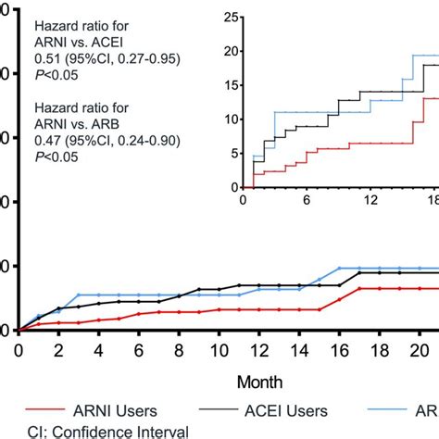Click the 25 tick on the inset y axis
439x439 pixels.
[232, 17]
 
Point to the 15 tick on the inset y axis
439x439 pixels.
[232, 85]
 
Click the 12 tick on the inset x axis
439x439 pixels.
[370, 200]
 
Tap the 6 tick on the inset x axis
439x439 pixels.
[307, 200]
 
